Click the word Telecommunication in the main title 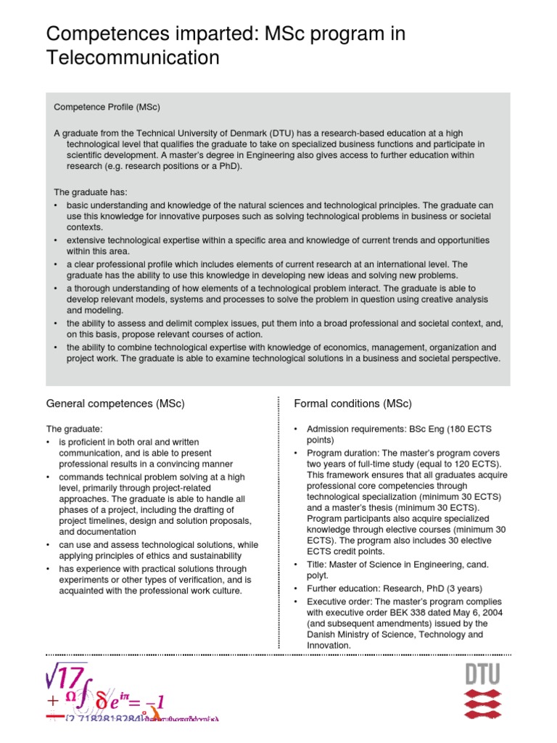(x=133, y=57)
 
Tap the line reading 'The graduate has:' (x=91, y=192)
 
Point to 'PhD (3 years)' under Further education (x=450, y=588)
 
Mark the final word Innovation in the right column (x=329, y=645)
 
